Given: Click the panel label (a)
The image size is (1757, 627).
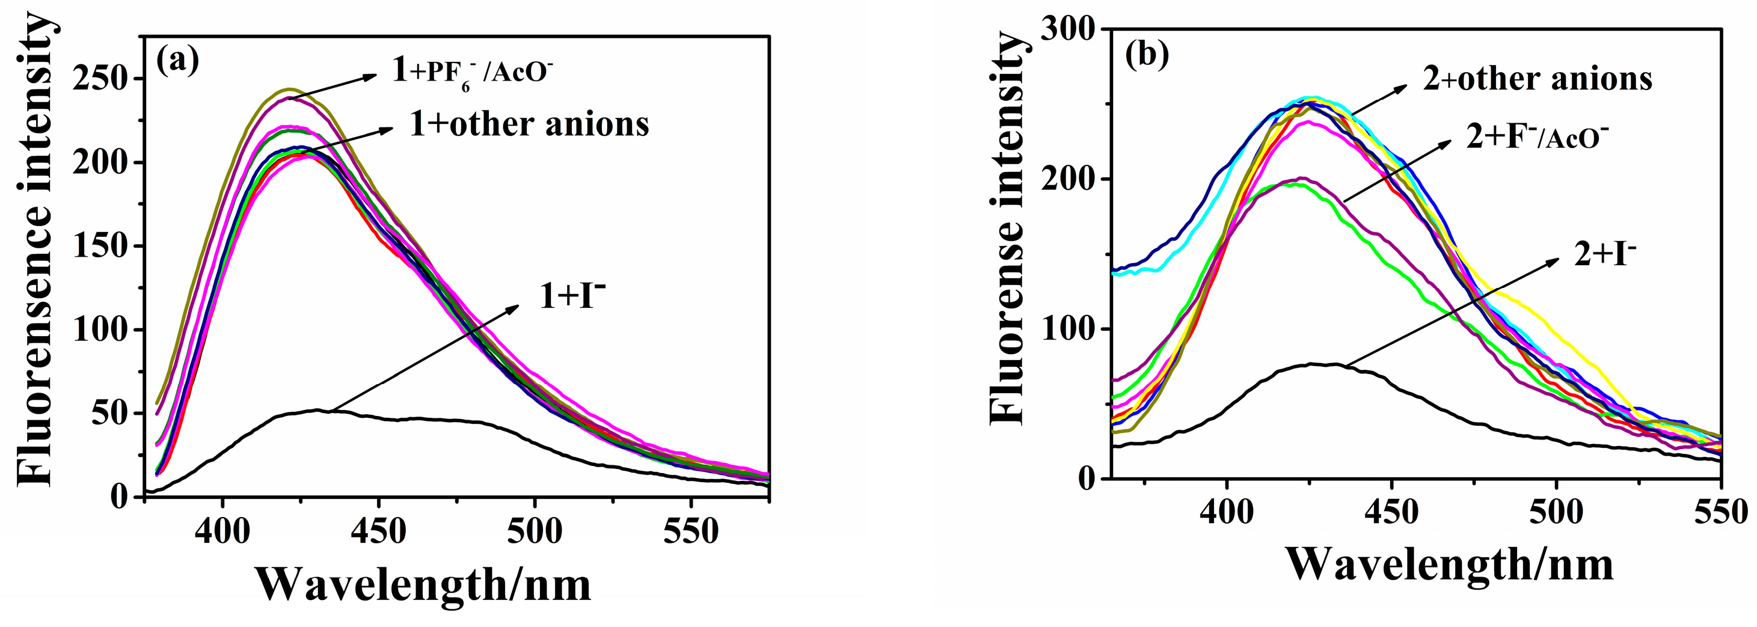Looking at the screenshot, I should pyautogui.click(x=178, y=61).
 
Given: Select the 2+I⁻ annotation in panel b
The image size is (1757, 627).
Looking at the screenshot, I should pyautogui.click(x=1604, y=255).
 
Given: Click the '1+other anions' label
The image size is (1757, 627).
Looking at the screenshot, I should pyautogui.click(x=529, y=124).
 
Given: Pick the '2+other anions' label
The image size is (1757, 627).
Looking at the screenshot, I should pyautogui.click(x=1538, y=79).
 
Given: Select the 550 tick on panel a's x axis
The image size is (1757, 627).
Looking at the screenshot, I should pyautogui.click(x=690, y=531).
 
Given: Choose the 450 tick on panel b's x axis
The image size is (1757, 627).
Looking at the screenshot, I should pyautogui.click(x=1391, y=512).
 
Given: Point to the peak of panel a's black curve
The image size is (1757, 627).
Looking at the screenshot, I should pyautogui.click(x=317, y=410).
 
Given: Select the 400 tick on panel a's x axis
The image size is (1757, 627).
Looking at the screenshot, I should pyautogui.click(x=222, y=531).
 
